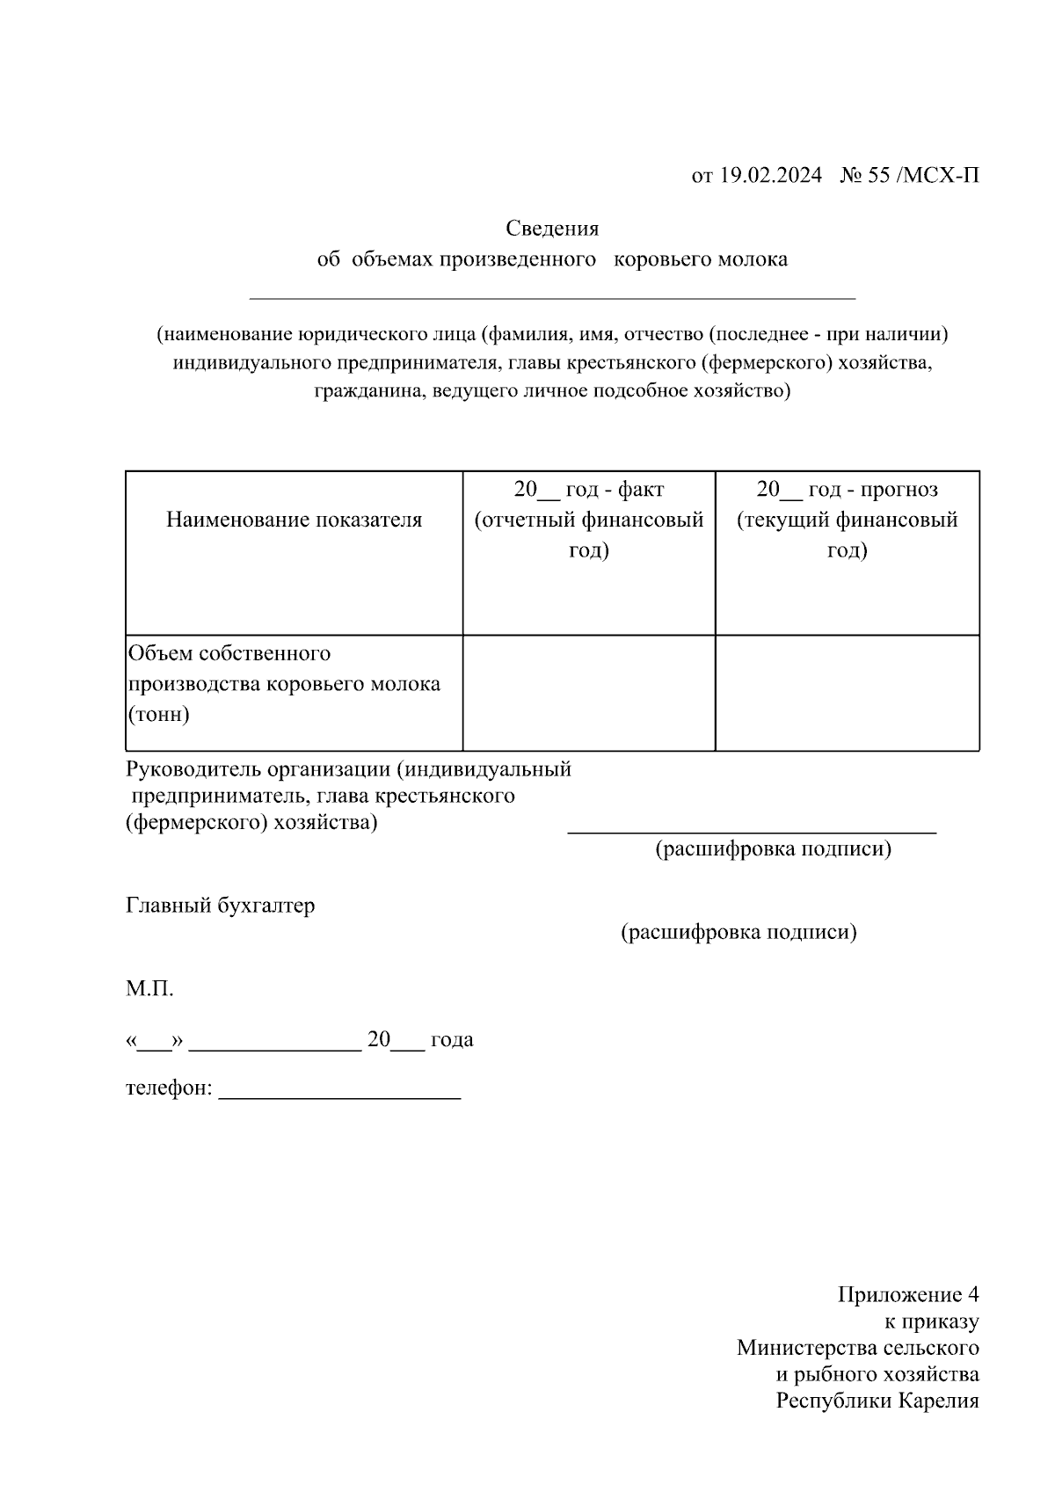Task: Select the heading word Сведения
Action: (552, 229)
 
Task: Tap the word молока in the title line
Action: (753, 259)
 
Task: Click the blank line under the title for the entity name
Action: (552, 298)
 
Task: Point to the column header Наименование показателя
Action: (294, 520)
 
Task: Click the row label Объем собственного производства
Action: (283, 668)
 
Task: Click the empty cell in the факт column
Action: (588, 693)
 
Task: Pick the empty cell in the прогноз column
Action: (847, 693)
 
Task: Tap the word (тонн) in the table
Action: (158, 714)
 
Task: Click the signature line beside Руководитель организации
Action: (752, 830)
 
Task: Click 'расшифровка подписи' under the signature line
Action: (773, 849)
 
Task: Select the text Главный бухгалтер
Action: (220, 905)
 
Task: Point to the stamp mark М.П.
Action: (149, 989)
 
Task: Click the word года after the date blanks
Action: (452, 1039)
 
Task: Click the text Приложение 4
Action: (907, 1295)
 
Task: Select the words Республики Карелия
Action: (877, 1401)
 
